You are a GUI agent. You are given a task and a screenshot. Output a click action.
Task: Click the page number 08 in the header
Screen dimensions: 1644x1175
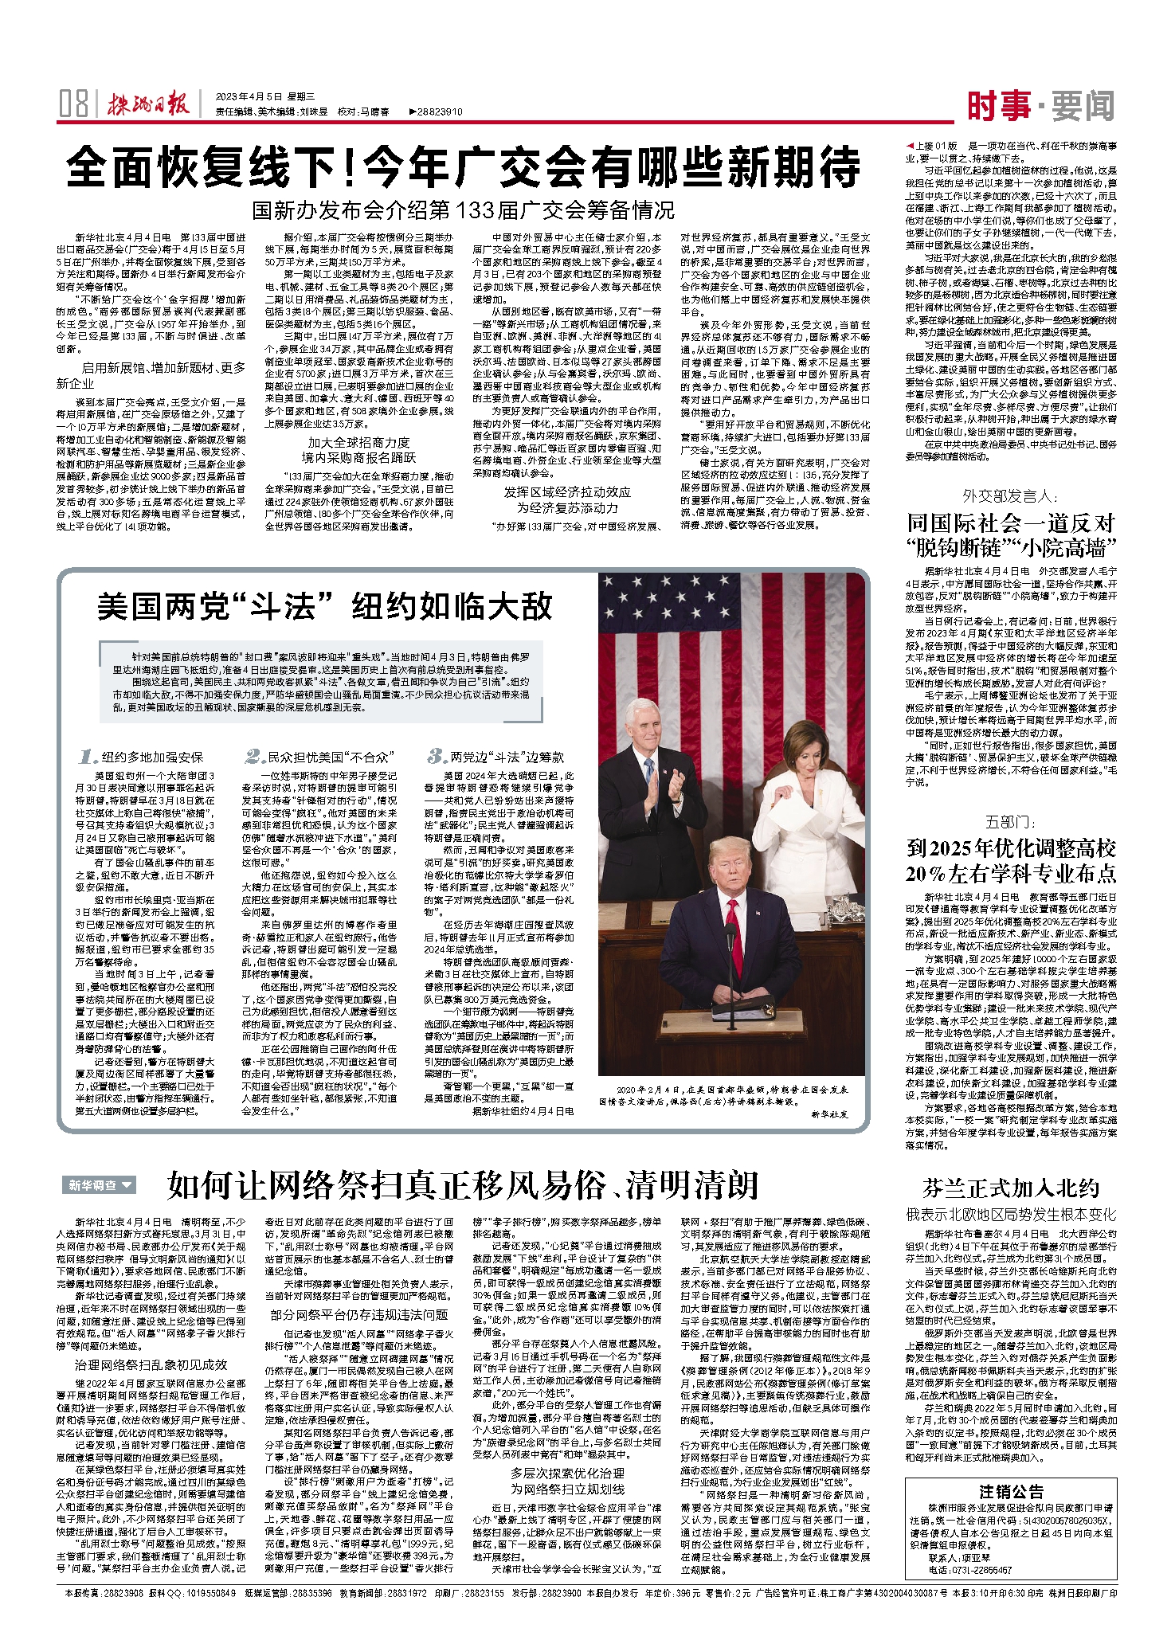(73, 104)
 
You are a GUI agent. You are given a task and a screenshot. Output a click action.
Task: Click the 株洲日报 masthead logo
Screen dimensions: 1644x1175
(151, 105)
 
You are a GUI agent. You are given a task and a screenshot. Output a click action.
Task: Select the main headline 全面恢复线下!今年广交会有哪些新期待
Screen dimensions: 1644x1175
(463, 167)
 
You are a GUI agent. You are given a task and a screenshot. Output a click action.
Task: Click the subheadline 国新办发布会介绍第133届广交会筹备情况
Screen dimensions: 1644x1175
(463, 210)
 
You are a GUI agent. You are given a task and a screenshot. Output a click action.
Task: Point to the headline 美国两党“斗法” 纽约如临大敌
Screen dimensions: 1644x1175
(324, 607)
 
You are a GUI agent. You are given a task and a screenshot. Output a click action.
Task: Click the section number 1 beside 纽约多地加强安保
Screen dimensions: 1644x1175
(88, 757)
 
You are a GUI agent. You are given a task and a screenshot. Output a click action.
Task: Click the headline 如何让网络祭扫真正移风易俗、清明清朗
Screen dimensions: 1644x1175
(462, 1185)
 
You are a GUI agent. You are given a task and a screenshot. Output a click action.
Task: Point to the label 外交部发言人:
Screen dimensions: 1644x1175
(1009, 496)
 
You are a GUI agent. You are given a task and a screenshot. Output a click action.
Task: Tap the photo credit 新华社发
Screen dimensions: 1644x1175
(829, 1114)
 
